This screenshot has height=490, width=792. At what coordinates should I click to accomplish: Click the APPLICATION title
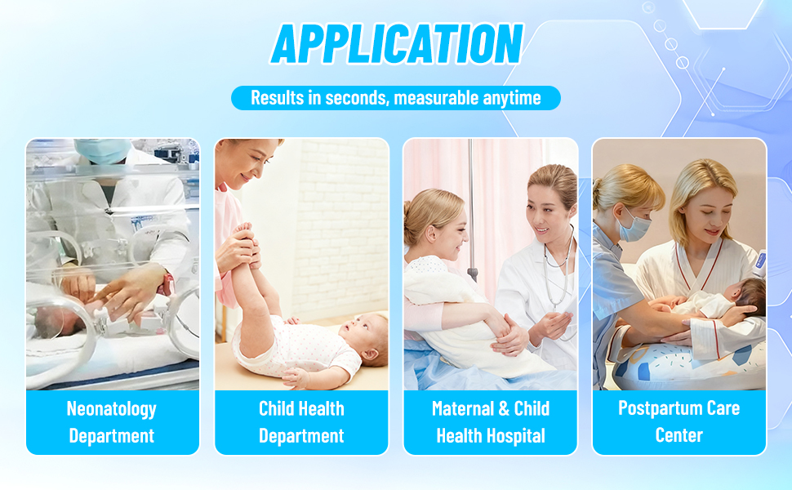[397, 44]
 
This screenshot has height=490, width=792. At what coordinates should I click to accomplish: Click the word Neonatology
[112, 409]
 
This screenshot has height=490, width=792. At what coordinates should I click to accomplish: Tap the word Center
[679, 435]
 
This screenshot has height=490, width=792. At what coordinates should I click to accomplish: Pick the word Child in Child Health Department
[275, 408]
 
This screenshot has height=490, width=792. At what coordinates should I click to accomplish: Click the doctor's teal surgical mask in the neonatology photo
[103, 150]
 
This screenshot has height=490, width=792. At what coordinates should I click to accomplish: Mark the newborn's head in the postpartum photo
[749, 297]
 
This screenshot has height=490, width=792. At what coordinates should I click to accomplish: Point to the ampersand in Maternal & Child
[503, 409]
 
